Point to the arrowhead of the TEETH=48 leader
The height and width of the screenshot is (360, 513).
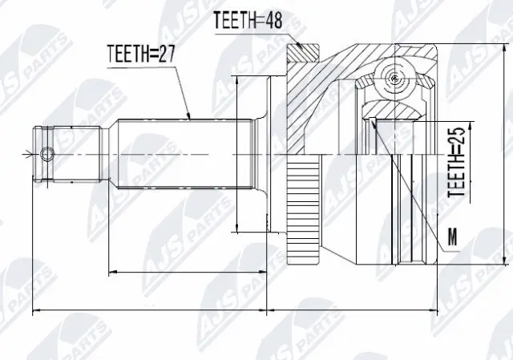tap(302, 49)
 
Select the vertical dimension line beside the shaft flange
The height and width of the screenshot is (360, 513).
tap(239, 152)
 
